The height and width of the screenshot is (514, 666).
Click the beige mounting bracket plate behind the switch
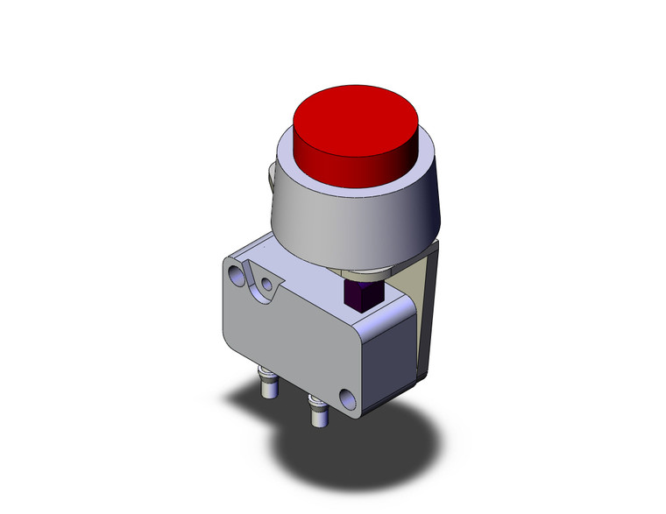click(424, 298)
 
